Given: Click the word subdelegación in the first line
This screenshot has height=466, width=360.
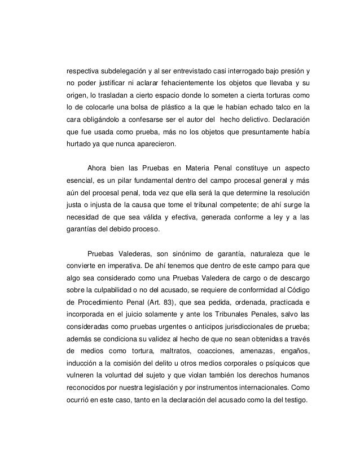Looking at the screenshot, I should click(x=117, y=73).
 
